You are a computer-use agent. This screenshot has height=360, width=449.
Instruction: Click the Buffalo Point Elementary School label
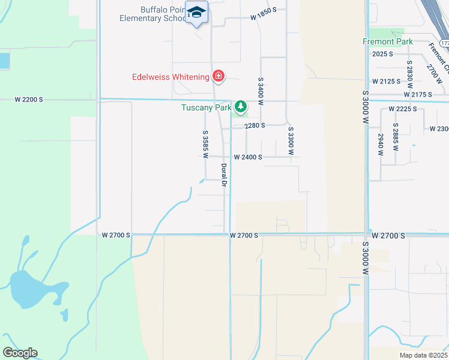coord(155,14)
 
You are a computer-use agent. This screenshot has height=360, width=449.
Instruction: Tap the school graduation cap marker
coord(196,12)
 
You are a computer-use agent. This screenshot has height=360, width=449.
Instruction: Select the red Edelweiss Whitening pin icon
coord(218,76)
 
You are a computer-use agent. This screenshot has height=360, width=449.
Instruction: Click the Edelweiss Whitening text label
coord(170,77)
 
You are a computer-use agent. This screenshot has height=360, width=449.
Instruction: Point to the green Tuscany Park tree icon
coord(241,107)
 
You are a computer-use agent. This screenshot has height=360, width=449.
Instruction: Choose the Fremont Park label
coord(388,41)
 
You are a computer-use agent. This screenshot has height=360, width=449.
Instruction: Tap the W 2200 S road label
coord(29,99)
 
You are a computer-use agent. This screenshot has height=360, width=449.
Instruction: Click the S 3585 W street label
coord(205,144)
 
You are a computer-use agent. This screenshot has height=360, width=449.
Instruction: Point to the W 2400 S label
coord(244,157)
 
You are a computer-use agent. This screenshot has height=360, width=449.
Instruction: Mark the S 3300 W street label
coord(291,140)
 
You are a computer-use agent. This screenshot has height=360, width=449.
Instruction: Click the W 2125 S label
coord(386,81)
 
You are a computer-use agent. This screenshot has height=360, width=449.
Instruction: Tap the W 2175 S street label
coord(418,95)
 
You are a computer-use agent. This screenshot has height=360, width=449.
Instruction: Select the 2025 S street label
coord(382,54)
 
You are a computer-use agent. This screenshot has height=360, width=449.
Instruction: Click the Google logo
coord(20,353)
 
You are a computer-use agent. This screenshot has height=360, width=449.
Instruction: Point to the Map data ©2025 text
coord(423,355)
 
